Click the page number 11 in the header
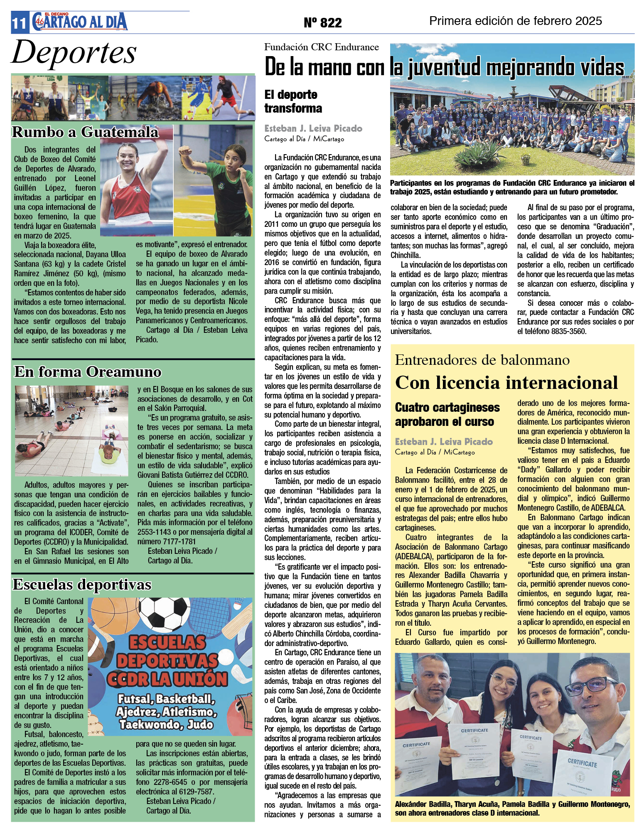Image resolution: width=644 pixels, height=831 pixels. click(x=19, y=23)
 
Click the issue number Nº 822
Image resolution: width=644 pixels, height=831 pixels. click(x=322, y=22)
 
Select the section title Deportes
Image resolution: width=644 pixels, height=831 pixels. click(x=74, y=53)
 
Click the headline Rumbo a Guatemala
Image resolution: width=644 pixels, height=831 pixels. click(x=85, y=132)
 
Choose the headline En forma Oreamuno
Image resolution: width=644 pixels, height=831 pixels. click(x=88, y=371)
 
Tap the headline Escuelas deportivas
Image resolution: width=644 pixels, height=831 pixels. click(x=82, y=584)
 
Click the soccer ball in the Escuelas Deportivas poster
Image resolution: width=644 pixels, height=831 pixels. click(x=169, y=615)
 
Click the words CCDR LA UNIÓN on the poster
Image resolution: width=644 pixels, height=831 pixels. click(x=167, y=679)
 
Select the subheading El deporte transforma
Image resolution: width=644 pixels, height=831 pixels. click(x=293, y=101)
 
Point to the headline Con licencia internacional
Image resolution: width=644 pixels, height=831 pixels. click(x=506, y=383)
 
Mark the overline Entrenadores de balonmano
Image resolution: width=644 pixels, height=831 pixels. click(x=482, y=360)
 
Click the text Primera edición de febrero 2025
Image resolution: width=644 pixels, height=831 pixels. click(x=515, y=21)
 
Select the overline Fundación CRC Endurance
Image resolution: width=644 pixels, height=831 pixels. click(x=321, y=47)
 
